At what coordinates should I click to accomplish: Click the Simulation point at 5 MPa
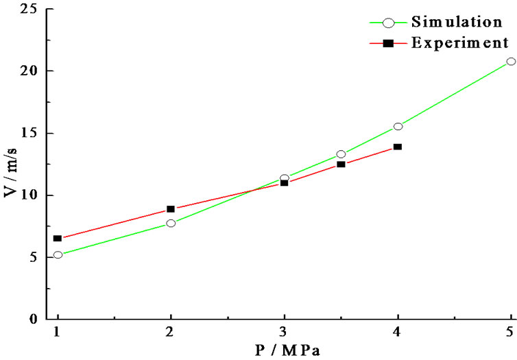coord(511,61)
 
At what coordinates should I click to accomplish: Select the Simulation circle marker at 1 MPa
coord(58,254)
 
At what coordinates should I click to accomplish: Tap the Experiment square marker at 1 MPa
coord(58,238)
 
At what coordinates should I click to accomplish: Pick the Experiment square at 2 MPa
coord(171,208)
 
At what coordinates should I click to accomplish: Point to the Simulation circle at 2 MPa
coord(171,223)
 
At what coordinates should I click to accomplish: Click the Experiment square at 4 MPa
coord(398,147)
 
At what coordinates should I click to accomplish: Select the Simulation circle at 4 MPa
coord(398,126)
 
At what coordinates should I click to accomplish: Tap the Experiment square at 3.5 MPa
coord(341,164)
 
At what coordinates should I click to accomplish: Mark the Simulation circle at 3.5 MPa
coord(341,154)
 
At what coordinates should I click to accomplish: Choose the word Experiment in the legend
coord(459,43)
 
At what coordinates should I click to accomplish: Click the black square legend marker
coord(388,43)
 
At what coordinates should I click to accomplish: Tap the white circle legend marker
coord(388,23)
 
